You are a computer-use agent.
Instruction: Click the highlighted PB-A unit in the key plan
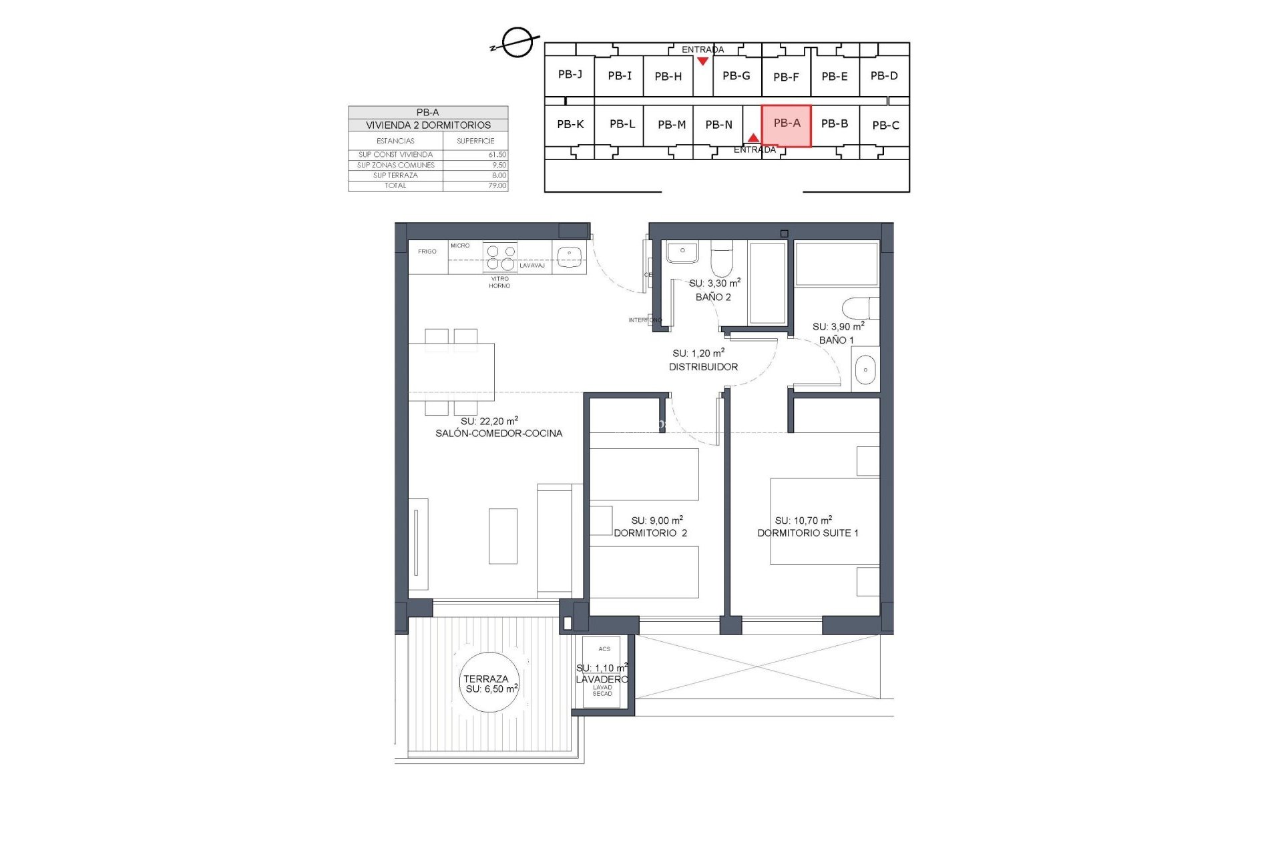click(786, 125)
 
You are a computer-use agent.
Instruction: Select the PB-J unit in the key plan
click(570, 75)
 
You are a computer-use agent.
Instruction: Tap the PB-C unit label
click(885, 125)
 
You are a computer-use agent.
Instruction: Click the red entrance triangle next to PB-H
click(702, 61)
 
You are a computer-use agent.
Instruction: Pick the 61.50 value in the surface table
click(497, 155)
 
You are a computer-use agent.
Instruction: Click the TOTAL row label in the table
click(395, 186)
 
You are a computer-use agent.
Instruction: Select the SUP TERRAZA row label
click(395, 175)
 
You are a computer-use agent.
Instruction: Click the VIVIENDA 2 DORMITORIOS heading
click(428, 125)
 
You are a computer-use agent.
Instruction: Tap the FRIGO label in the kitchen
click(427, 252)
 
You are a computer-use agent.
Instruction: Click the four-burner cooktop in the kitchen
click(501, 258)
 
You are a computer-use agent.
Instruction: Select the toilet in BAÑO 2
click(722, 260)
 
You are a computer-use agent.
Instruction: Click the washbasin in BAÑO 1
click(865, 370)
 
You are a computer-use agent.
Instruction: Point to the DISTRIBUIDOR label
click(703, 367)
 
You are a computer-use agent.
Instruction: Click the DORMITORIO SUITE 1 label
click(808, 533)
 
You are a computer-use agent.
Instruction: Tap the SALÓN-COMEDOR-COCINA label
click(499, 434)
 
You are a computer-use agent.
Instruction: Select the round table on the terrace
click(491, 682)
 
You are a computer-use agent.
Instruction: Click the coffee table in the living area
click(503, 536)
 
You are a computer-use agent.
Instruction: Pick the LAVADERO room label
click(602, 679)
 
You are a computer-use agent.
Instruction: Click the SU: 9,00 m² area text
click(657, 520)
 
